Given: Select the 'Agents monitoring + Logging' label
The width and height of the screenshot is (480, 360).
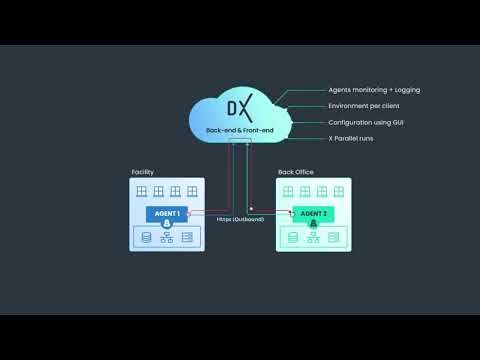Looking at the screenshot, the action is point(374,90).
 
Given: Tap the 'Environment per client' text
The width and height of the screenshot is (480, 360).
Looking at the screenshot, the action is point(365,106).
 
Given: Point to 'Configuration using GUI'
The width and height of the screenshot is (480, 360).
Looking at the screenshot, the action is point(366,122).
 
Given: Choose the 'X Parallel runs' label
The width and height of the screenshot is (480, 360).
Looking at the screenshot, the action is point(351,138).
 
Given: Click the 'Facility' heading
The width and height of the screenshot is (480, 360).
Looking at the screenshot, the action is point(142,173).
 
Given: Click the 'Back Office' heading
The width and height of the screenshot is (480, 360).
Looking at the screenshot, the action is point(295,173).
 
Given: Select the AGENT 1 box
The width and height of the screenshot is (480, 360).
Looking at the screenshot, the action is point(166,213).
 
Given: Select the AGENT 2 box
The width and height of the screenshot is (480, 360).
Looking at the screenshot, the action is point(312,213).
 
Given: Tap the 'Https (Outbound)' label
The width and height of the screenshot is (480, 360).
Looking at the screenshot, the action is point(240,218).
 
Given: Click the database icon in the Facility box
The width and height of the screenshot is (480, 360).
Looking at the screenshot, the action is point(146,237).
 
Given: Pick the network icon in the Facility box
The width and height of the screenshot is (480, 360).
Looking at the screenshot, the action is point(167,237).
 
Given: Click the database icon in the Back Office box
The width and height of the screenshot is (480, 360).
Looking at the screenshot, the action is point(292,237).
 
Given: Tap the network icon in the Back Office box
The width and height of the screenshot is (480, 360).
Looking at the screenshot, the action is point(313,237).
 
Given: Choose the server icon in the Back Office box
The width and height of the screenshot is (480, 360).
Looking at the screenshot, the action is point(334,237).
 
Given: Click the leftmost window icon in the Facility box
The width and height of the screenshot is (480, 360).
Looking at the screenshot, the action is point(142,190).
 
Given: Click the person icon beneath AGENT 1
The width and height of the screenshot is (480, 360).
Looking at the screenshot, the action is point(167,224).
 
